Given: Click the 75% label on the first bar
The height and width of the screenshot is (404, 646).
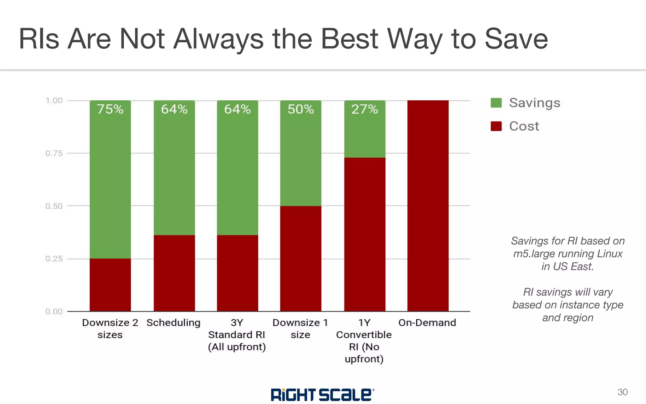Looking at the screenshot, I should click(x=110, y=109).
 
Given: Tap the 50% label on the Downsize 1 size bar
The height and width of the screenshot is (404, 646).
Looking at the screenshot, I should click(x=301, y=109).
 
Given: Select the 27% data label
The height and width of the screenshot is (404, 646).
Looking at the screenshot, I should click(x=365, y=109).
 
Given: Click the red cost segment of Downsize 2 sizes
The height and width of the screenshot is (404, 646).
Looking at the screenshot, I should click(x=110, y=285).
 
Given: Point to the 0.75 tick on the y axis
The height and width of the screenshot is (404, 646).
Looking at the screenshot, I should click(x=54, y=153).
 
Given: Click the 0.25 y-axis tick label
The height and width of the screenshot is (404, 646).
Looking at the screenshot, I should click(x=54, y=259).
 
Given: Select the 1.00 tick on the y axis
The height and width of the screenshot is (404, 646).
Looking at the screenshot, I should click(x=54, y=101).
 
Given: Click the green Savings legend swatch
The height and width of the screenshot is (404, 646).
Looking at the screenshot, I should click(x=496, y=103).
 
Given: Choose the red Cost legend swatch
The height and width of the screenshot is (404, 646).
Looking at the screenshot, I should click(x=496, y=126).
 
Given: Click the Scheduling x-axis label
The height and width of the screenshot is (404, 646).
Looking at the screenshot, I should click(x=173, y=323).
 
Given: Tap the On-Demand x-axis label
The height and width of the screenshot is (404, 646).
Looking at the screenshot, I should click(x=427, y=323).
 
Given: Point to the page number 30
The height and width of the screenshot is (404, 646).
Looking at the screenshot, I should click(x=622, y=392).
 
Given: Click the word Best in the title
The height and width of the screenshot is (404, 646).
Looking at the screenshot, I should click(x=349, y=39).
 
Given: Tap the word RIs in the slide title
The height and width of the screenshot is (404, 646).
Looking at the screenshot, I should click(x=39, y=39).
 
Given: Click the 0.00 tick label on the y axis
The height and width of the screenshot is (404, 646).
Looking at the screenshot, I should click(x=54, y=312).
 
